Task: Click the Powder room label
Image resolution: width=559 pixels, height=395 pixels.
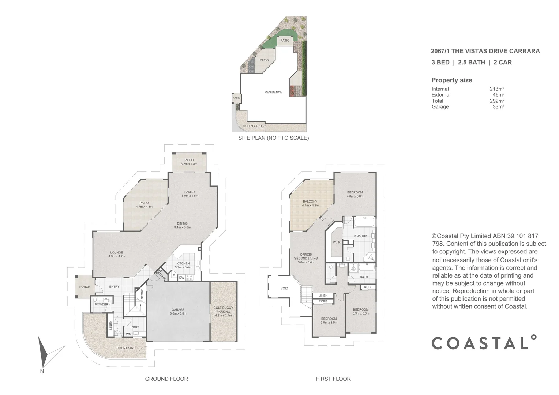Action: (x=101, y=304)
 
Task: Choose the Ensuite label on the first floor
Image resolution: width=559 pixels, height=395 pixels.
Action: (x=361, y=236)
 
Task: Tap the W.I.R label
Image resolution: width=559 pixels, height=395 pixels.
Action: (x=337, y=242)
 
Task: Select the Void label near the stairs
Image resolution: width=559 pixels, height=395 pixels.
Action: (x=284, y=288)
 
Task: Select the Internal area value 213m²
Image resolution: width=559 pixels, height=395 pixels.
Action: (x=497, y=89)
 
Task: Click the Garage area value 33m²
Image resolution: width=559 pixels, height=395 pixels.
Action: (x=498, y=107)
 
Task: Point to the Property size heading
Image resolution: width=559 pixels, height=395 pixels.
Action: (x=451, y=80)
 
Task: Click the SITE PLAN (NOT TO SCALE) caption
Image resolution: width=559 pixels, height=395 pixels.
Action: (x=273, y=138)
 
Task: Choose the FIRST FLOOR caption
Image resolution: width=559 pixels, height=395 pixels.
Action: (x=333, y=379)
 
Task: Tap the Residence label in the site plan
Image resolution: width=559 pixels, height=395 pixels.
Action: (x=273, y=92)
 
